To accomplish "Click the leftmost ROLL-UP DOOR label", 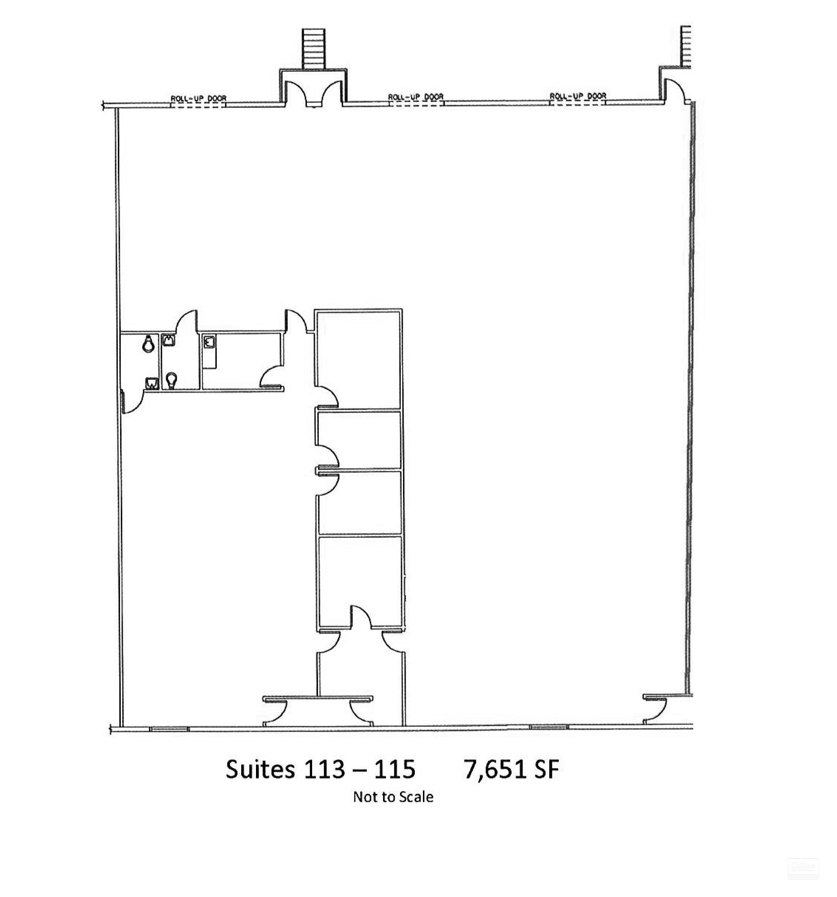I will pos(198,98).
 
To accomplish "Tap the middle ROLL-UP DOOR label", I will pos(416,96).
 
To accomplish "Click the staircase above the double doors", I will pos(313,49).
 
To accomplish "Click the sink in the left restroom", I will pos(151,383).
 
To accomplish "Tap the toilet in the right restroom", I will pos(171,380).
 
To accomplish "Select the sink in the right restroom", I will pos(169,339).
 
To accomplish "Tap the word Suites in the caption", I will pos(260,769).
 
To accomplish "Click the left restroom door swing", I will pos(133,403).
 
